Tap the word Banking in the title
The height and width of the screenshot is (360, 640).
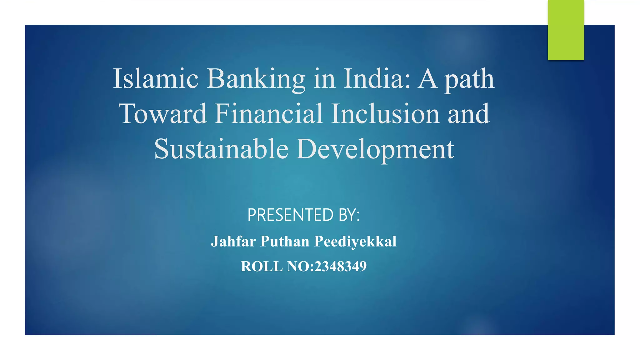click(x=256, y=79)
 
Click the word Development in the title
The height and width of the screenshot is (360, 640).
click(x=375, y=149)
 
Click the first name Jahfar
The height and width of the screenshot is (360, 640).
click(x=233, y=242)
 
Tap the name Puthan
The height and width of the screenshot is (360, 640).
click(x=285, y=242)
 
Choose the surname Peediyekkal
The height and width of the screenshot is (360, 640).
click(x=355, y=242)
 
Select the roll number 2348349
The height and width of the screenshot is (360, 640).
click(x=340, y=267)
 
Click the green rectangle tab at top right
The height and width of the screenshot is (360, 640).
click(x=566, y=30)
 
